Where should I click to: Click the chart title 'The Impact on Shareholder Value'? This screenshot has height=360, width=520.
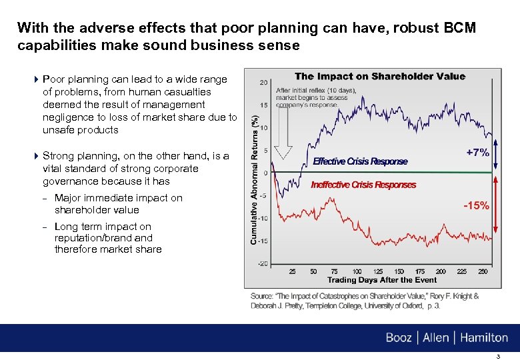click(380, 76)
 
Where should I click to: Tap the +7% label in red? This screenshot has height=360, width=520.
click(477, 153)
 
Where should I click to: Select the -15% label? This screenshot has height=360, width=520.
click(476, 205)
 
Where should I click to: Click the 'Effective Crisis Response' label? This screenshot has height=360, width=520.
click(360, 162)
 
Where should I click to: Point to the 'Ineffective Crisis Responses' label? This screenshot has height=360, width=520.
click(363, 185)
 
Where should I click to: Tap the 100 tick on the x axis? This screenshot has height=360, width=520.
click(357, 271)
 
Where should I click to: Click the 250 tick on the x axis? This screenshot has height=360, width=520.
click(483, 271)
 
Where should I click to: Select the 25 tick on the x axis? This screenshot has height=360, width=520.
click(293, 271)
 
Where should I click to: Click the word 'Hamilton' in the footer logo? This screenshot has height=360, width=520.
click(483, 338)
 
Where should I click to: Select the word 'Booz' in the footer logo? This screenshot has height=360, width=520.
click(399, 338)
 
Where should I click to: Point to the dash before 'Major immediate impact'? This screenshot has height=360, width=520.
click(45, 198)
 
